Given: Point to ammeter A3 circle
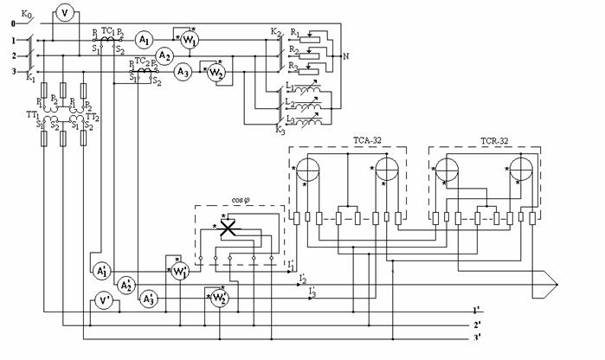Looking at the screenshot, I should click(183, 73).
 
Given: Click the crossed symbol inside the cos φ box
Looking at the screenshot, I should click(229, 228).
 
